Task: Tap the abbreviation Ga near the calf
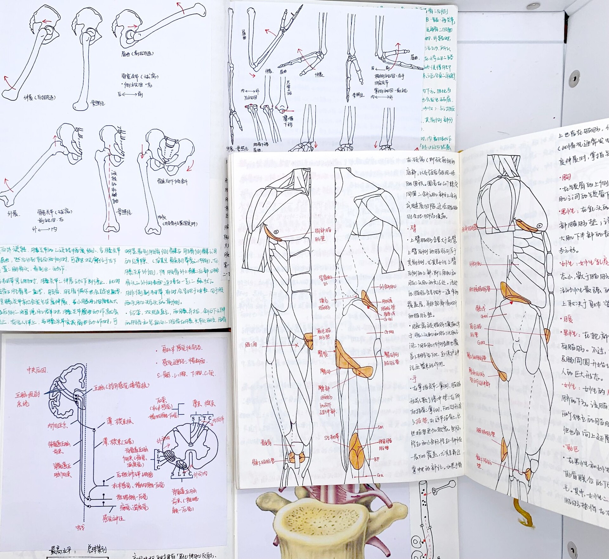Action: (x=380, y=475)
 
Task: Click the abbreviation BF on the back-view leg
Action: (x=377, y=459)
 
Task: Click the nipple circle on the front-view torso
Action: (x=276, y=232)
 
